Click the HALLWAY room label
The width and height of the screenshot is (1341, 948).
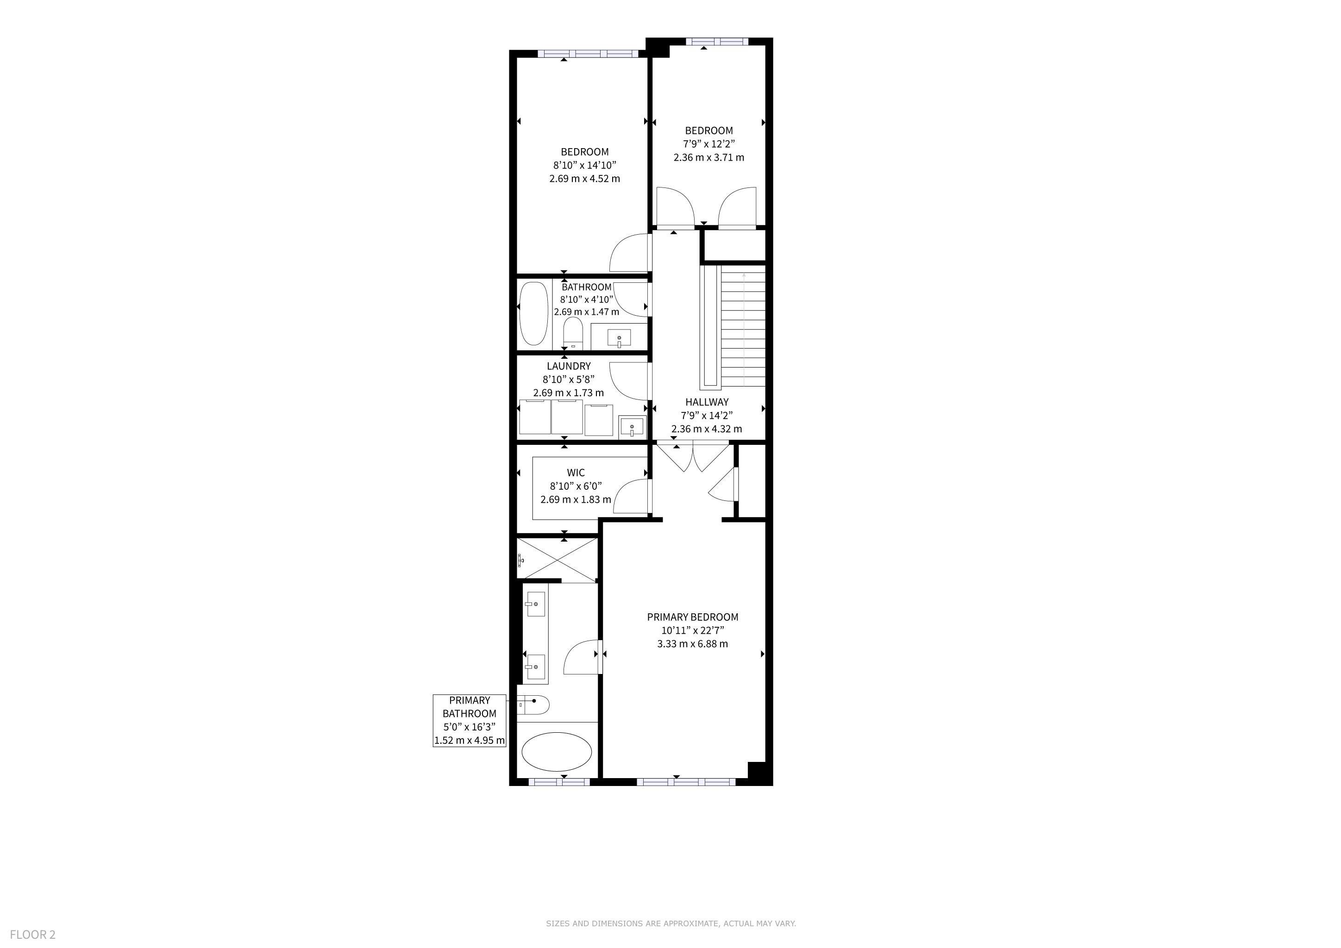tap(707, 402)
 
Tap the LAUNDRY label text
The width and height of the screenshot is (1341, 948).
tap(568, 366)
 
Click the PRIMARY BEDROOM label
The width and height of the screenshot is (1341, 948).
tap(692, 617)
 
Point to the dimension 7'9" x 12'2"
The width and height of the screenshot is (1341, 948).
tap(708, 143)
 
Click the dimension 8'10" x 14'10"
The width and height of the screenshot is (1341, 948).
tap(585, 165)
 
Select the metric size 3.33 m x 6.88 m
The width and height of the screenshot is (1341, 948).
tap(692, 644)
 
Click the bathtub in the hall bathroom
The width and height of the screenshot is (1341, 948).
tap(534, 313)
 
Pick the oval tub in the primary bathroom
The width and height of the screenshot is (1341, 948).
tap(557, 752)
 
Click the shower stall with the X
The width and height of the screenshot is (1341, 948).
tap(558, 560)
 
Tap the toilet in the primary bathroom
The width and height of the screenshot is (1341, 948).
tap(533, 705)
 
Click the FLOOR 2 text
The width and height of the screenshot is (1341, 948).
tap(33, 935)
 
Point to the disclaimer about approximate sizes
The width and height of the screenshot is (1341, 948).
tap(670, 923)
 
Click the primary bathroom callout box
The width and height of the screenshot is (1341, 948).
tap(469, 720)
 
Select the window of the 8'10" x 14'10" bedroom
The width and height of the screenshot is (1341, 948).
tap(588, 54)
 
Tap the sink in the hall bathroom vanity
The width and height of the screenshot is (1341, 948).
tap(619, 338)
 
